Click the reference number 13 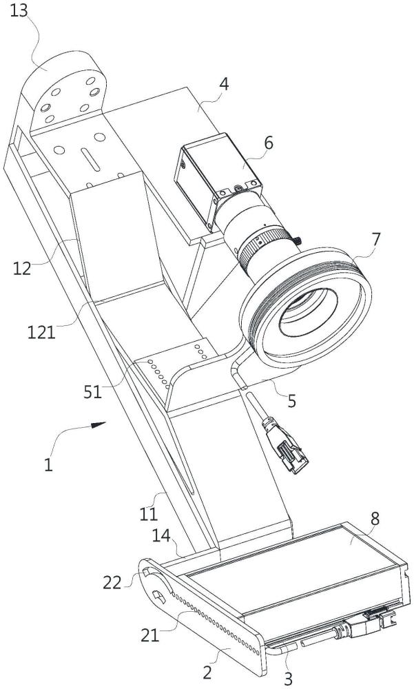(x=19, y=10)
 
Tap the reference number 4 (x=224, y=84)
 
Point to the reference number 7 (x=375, y=240)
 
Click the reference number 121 (x=42, y=333)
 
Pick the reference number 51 (x=93, y=392)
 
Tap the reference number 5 (x=292, y=401)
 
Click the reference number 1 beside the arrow (x=48, y=464)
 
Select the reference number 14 (x=162, y=536)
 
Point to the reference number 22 (x=112, y=583)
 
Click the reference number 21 (x=150, y=635)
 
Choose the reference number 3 (x=289, y=679)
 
